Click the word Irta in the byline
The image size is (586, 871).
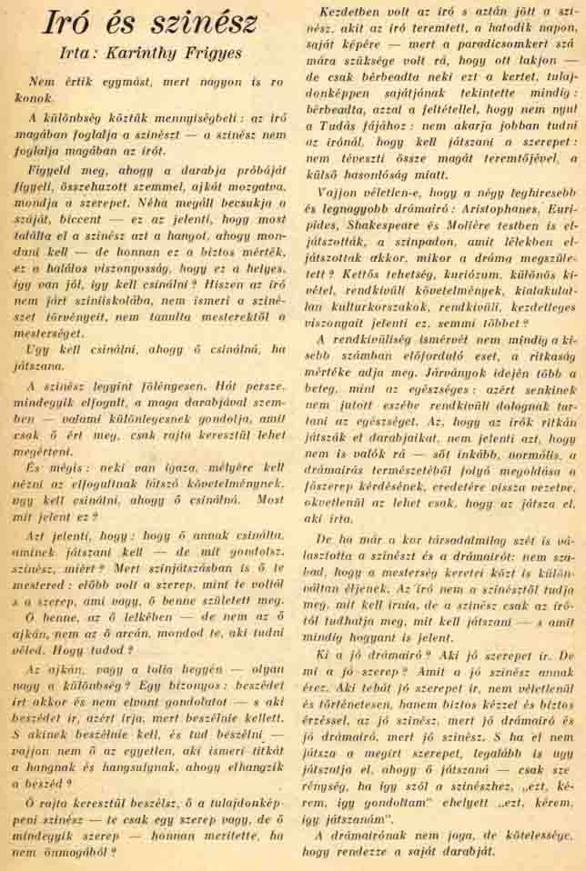(80, 53)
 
